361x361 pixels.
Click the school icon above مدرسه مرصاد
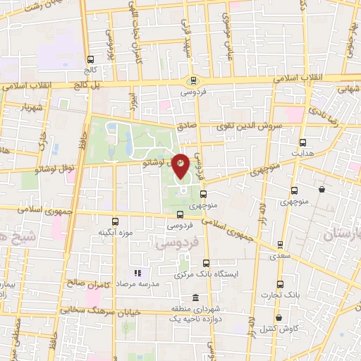click(137, 272)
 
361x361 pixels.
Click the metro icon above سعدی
click(280, 245)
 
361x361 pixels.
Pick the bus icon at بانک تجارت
click(280, 284)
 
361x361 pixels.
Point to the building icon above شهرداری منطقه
click(195, 298)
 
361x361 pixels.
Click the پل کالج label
click(87, 86)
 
